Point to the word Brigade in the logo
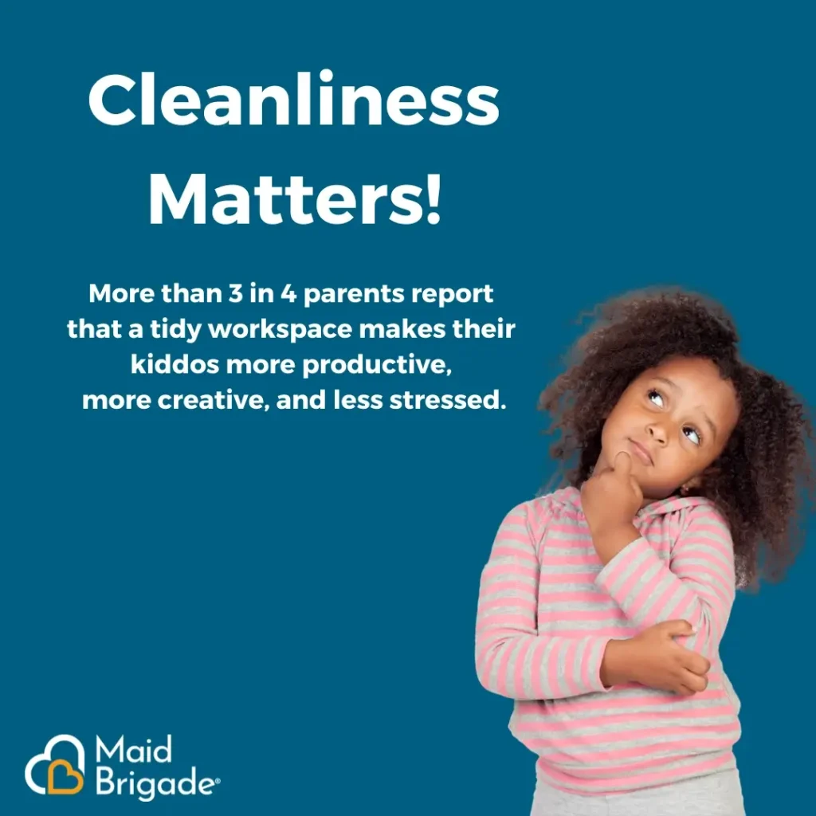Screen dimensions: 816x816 pyautogui.click(x=155, y=784)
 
